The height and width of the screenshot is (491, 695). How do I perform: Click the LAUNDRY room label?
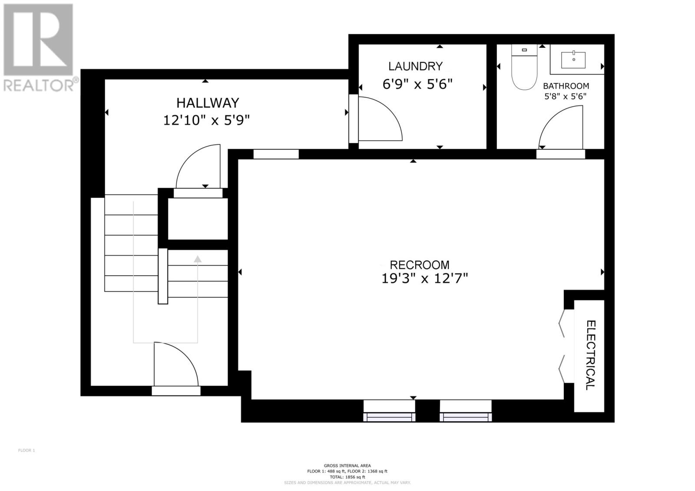415,66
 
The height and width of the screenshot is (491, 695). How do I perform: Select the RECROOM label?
419,265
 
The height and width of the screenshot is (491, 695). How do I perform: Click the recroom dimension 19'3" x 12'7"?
424,278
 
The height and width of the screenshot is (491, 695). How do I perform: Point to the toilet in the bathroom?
524,69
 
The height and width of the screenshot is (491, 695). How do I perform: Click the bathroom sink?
573,60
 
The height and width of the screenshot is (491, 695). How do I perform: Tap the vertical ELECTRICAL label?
590,355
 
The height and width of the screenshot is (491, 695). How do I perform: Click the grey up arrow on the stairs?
198,260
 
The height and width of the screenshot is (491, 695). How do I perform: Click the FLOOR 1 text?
26,450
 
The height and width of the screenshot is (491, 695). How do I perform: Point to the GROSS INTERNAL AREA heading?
347,465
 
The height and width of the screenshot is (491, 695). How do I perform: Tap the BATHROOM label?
566,86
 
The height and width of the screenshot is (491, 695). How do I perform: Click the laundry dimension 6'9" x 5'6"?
417,84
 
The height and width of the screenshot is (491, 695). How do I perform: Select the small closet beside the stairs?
198,218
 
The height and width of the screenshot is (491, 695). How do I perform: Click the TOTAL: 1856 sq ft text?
347,477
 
